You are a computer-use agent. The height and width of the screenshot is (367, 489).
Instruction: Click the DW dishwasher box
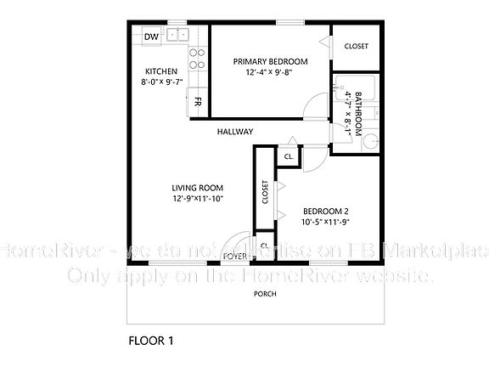[152, 37]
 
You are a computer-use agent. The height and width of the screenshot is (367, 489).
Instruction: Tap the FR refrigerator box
[197, 102]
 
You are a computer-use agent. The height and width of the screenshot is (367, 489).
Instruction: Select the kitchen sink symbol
[177, 35]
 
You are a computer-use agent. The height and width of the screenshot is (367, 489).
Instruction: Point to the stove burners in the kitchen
[197, 58]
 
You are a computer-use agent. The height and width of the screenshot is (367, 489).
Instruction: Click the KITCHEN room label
[160, 71]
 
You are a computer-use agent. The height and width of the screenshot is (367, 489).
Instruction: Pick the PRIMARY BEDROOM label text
[270, 62]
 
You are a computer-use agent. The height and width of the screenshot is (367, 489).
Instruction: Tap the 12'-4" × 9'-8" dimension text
[270, 73]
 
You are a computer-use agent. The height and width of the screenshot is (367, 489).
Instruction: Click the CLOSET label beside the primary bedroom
[356, 46]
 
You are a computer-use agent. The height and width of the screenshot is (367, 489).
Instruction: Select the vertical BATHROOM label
[358, 115]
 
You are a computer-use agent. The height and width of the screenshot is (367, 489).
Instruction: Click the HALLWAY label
[235, 131]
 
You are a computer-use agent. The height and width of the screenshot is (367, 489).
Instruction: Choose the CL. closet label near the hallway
[289, 157]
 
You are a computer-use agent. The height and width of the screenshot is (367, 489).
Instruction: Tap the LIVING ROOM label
[196, 189]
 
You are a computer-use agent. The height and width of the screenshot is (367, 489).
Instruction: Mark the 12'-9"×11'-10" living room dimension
[196, 200]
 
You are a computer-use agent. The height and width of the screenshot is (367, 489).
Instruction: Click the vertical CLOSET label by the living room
[265, 192]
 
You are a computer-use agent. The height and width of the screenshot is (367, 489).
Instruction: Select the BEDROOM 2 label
[326, 211]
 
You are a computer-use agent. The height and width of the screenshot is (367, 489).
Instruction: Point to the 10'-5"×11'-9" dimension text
[326, 222]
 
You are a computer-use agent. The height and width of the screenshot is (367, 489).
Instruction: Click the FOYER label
[234, 256]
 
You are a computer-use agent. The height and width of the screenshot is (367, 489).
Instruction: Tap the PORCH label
[265, 293]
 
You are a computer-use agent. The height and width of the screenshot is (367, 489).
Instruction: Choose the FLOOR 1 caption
[151, 342]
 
